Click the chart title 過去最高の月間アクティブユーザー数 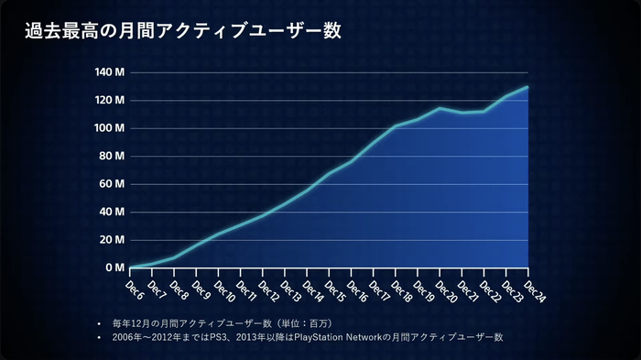pos(183,31)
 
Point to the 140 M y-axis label pos(110,72)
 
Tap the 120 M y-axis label pos(110,100)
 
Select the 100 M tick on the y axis pos(110,128)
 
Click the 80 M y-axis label pos(112,156)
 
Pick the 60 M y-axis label pos(112,184)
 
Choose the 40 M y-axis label pos(112,212)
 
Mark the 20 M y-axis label pos(112,240)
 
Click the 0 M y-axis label pos(114,267)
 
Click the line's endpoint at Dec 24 pos(528,87)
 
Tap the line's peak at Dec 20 pos(440,108)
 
